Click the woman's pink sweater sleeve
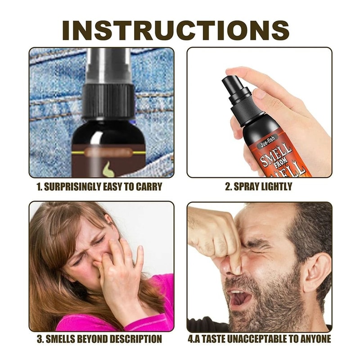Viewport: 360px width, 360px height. [x=153, y=310]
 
